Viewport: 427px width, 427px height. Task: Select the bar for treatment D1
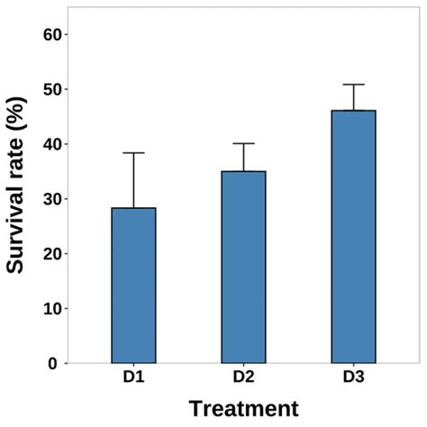(133, 286)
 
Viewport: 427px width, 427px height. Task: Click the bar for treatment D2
(243, 268)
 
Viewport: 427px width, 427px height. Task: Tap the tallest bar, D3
(353, 237)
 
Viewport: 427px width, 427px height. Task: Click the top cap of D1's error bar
(133, 153)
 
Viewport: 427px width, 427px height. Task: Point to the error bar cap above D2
(243, 143)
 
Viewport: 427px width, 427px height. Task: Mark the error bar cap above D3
(353, 85)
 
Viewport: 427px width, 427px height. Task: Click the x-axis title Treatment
(243, 408)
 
